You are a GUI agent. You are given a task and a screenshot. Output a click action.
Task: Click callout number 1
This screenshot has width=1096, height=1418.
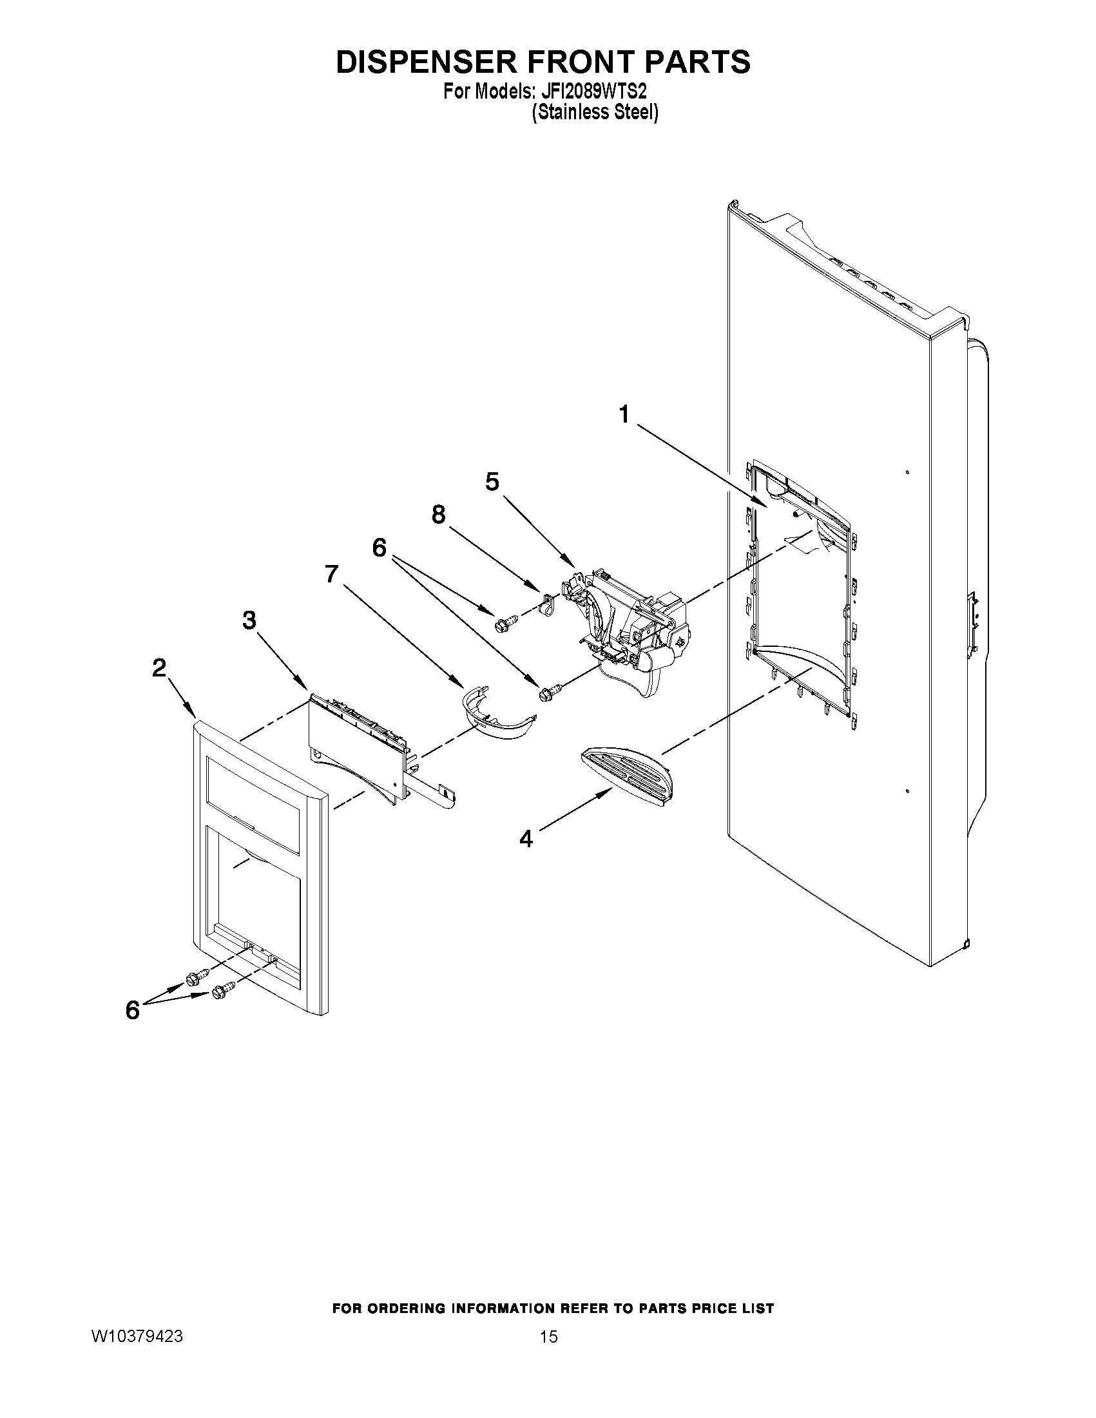pyautogui.click(x=624, y=414)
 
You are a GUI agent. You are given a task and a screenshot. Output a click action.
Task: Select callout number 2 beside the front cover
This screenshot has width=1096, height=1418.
pyautogui.click(x=159, y=667)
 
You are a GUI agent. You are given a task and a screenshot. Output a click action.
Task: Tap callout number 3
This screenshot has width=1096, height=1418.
pyautogui.click(x=249, y=620)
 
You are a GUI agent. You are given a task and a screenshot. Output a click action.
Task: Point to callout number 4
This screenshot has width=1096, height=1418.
pyautogui.click(x=526, y=839)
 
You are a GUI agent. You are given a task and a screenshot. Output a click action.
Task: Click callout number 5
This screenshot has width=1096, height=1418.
pyautogui.click(x=492, y=482)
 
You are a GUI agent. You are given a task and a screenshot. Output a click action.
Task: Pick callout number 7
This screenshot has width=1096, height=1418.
pyautogui.click(x=332, y=574)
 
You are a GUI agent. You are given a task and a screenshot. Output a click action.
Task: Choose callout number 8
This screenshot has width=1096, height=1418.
pyautogui.click(x=439, y=515)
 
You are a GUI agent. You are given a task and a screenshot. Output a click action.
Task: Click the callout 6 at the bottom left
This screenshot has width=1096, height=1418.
pyautogui.click(x=133, y=1010)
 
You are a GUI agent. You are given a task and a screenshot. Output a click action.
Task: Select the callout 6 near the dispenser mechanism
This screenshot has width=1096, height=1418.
pyautogui.click(x=379, y=548)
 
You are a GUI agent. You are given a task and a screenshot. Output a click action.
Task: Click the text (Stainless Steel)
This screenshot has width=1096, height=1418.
pyautogui.click(x=595, y=112)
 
